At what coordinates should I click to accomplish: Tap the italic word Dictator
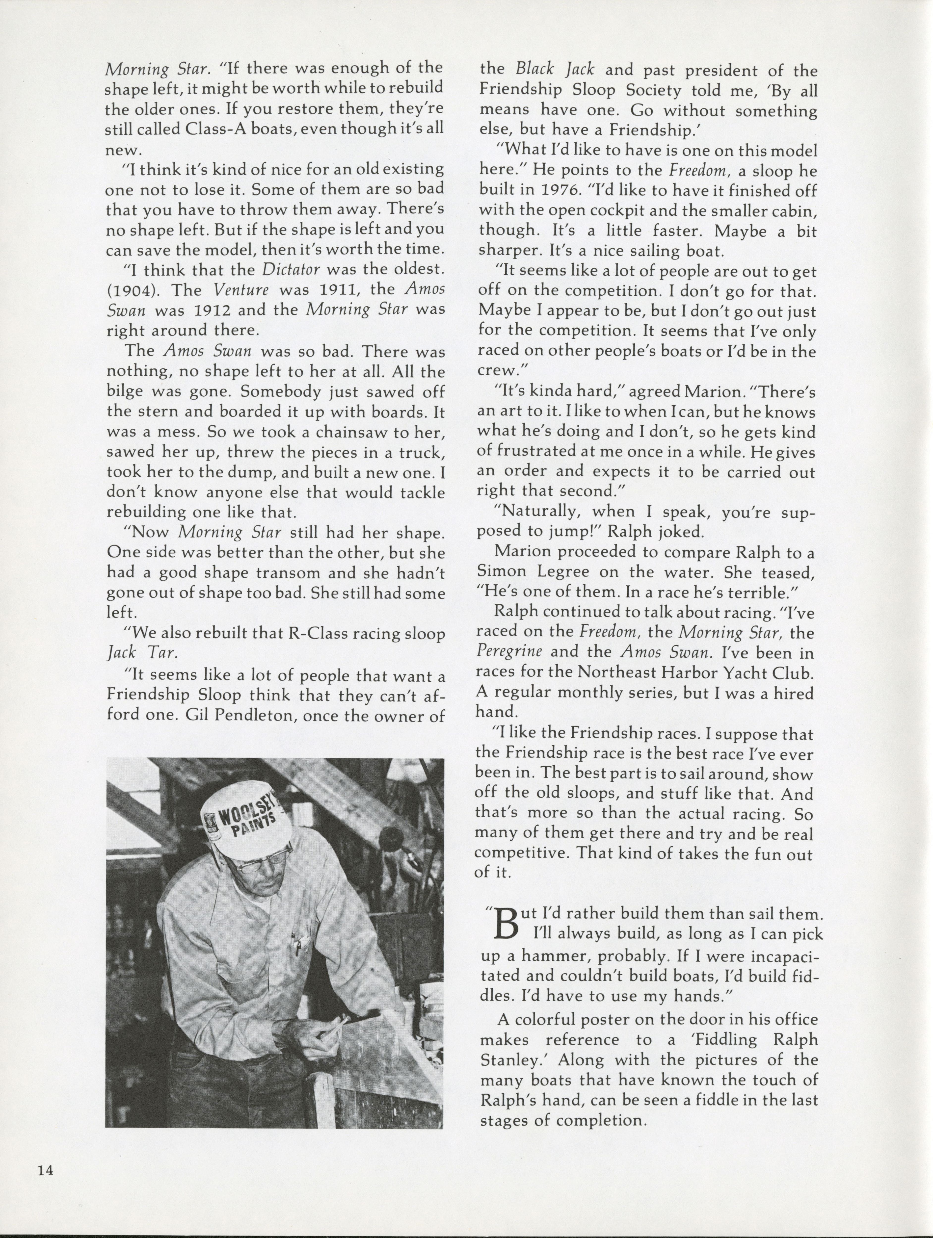pos(291,269)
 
